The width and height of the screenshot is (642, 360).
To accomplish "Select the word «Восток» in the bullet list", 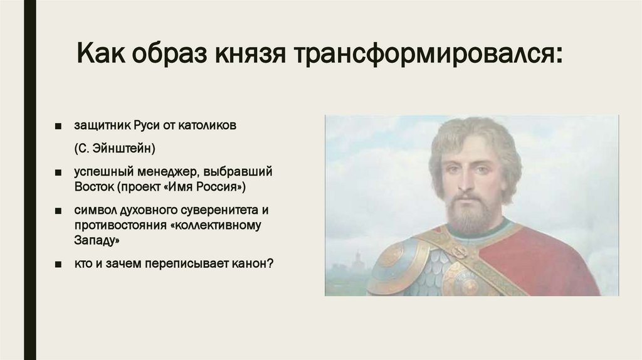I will pyautogui.click(x=94, y=188).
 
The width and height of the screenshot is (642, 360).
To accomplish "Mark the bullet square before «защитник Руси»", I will pyautogui.click(x=58, y=126).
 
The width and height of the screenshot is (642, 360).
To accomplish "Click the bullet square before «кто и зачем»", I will pyautogui.click(x=58, y=264).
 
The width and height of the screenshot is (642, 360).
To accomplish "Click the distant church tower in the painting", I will pyautogui.click(x=357, y=260).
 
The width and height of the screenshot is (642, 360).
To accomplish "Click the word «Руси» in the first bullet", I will pyautogui.click(x=146, y=125).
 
